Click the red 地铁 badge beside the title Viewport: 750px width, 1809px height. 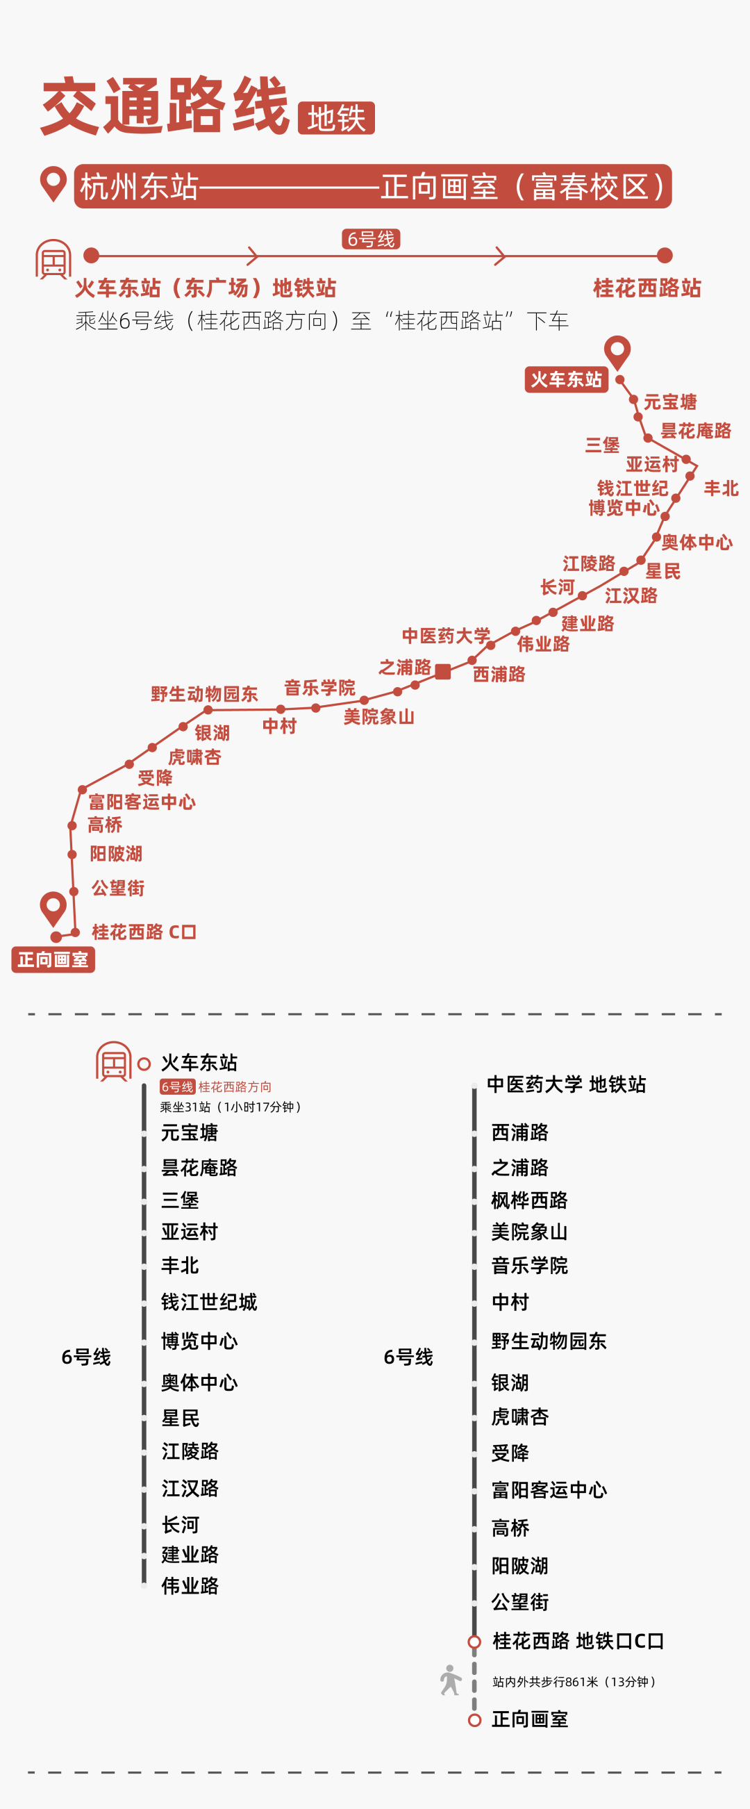pyautogui.click(x=335, y=118)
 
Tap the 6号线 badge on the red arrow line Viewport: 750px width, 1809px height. pyautogui.click(x=371, y=240)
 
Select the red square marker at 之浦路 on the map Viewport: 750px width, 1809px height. pyautogui.click(x=442, y=671)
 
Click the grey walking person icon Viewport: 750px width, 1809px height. pyautogui.click(x=450, y=1680)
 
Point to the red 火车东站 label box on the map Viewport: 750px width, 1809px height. pyautogui.click(x=566, y=380)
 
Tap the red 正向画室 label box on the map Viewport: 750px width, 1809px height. pyautogui.click(x=53, y=959)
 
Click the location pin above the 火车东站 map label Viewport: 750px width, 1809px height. pyautogui.click(x=617, y=351)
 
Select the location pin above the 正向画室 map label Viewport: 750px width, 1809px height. pyautogui.click(x=53, y=908)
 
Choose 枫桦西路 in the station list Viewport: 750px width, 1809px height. pyautogui.click(x=528, y=1200)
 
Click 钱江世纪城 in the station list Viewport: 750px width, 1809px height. pyautogui.click(x=208, y=1302)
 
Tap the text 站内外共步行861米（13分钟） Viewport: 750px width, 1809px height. pyautogui.click(x=574, y=1682)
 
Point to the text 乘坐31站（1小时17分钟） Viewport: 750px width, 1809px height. pyautogui.click(x=231, y=1107)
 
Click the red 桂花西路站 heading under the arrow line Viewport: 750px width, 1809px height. pyautogui.click(x=647, y=288)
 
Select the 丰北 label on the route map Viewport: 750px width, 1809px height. pyautogui.click(x=721, y=488)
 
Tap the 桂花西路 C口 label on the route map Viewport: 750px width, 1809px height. pyautogui.click(x=143, y=932)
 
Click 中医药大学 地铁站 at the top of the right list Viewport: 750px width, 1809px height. pyautogui.click(x=566, y=1084)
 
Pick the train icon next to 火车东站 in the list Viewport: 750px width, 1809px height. pyautogui.click(x=114, y=1061)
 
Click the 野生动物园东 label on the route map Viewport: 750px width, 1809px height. pyautogui.click(x=203, y=694)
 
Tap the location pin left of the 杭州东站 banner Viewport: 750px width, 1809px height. pyautogui.click(x=53, y=184)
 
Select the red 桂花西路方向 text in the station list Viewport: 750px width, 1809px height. pyautogui.click(x=235, y=1087)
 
